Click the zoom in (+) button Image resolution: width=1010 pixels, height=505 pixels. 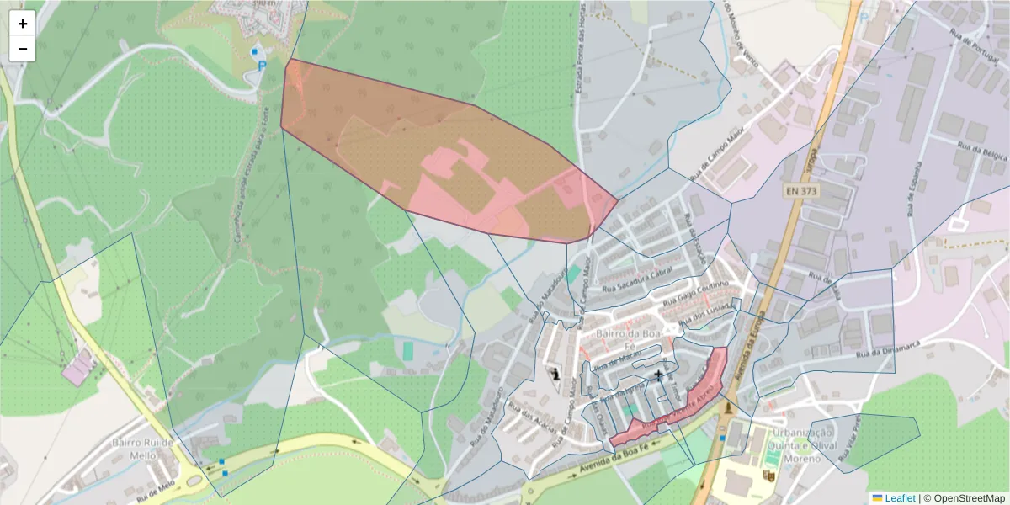[x=23, y=24]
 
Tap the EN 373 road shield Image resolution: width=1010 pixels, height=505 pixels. [x=802, y=191]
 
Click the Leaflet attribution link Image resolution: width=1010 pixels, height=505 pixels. [x=900, y=498]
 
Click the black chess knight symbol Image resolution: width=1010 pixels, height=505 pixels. [x=555, y=372]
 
